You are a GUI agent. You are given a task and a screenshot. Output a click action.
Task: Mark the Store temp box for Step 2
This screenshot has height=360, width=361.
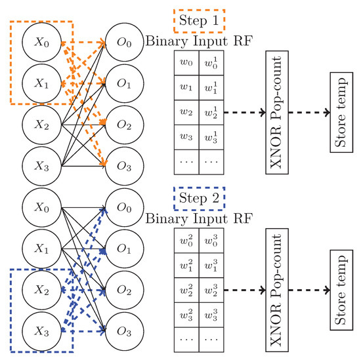(x=342, y=289)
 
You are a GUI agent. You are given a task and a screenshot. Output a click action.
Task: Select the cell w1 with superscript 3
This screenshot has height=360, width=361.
(x=211, y=266)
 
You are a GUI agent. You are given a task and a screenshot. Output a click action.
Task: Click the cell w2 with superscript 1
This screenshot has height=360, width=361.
(x=211, y=113)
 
